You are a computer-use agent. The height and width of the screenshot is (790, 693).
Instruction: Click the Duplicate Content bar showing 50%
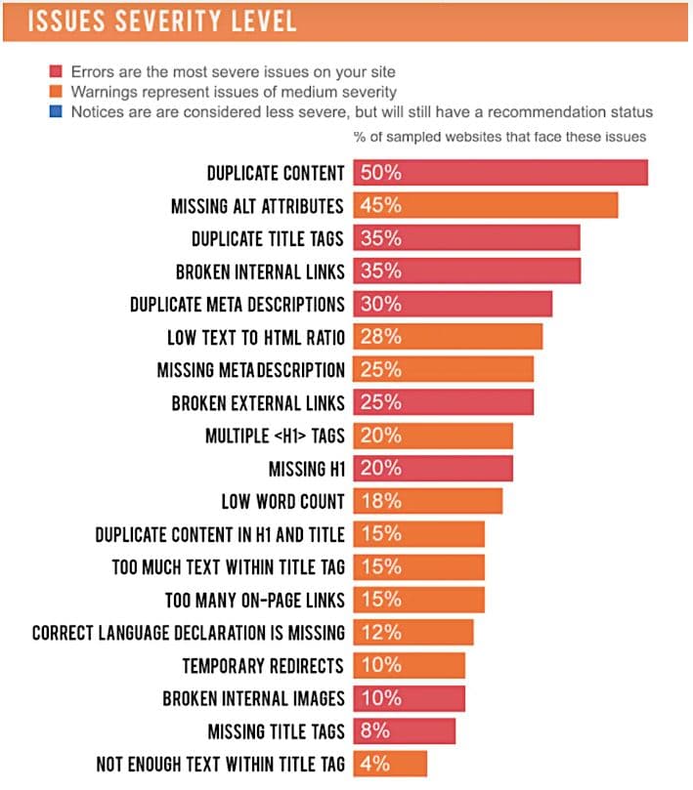point(499,173)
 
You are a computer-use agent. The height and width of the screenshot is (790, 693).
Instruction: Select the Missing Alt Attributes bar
point(485,206)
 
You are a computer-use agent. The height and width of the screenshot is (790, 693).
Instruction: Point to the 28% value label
point(381,338)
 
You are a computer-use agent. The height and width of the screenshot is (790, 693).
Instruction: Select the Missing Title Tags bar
point(404,731)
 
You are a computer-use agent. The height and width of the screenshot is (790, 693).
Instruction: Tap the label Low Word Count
point(282,502)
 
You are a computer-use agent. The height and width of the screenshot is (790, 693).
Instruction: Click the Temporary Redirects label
point(263,666)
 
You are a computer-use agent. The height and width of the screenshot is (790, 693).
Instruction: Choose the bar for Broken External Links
point(443,402)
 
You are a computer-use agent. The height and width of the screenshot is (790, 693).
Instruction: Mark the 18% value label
point(381,502)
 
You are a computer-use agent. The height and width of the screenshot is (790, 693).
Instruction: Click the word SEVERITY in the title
point(163,21)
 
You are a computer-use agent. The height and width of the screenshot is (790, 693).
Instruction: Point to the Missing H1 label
point(307,469)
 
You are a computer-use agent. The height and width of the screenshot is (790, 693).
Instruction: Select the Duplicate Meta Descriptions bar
point(452,304)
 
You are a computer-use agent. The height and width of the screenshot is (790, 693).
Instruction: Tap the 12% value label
point(381,633)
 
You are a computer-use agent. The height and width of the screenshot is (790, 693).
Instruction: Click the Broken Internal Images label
point(253,699)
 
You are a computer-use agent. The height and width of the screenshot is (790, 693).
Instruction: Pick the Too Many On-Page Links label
point(255,600)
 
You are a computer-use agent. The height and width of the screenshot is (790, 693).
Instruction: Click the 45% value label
point(381,206)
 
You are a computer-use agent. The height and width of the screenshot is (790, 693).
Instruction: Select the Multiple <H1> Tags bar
point(432,436)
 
